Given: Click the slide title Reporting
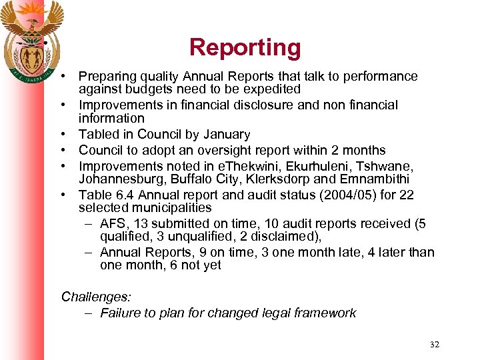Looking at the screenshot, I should pyautogui.click(x=245, y=47).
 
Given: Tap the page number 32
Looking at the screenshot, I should pyautogui.click(x=435, y=345).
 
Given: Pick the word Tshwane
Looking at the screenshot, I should pyautogui.click(x=387, y=166).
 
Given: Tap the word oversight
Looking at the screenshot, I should pyautogui.click(x=227, y=150).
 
